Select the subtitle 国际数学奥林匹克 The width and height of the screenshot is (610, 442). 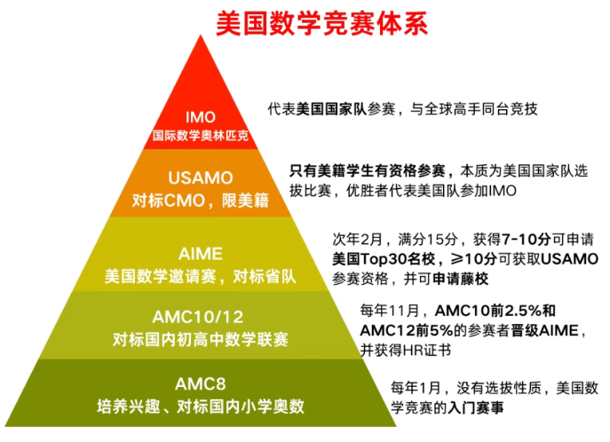tap(201, 137)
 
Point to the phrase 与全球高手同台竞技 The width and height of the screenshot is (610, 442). tap(473, 109)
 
